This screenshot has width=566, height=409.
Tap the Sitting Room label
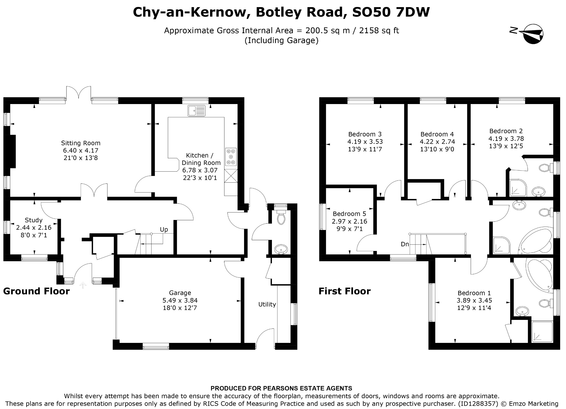[81, 143]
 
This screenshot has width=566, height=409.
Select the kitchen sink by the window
[196, 111]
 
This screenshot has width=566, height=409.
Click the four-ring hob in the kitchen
[231, 157]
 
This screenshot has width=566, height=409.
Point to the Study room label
[34, 220]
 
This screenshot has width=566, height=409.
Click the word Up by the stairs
[164, 230]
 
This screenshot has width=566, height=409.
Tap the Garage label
[180, 293]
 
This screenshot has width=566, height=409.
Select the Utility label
[267, 304]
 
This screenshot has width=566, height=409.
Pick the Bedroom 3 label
[365, 134]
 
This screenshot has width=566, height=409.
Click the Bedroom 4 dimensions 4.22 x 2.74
[437, 142]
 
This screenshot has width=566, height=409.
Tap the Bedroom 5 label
[349, 214]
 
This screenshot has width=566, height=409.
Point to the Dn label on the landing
[405, 244]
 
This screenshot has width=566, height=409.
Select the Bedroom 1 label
[474, 293]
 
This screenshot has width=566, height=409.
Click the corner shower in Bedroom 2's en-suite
[518, 188]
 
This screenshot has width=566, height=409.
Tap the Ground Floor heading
[36, 291]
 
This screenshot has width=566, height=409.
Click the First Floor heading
[344, 291]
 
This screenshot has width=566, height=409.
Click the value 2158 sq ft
[379, 30]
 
